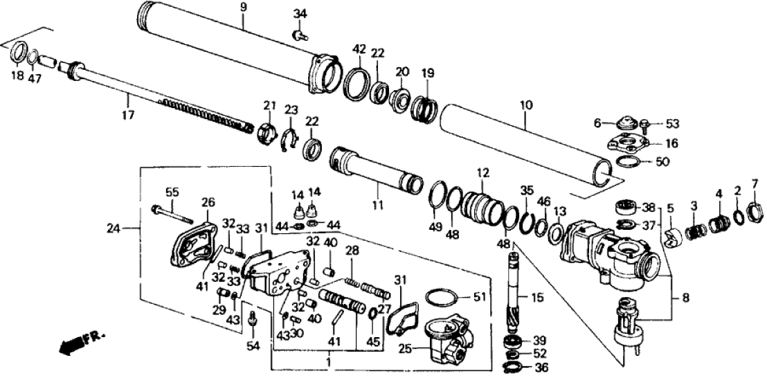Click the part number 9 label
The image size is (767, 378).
click(244, 8)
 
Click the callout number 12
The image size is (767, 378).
click(482, 171)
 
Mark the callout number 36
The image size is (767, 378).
click(542, 368)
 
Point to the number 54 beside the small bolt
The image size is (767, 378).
click(253, 345)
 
